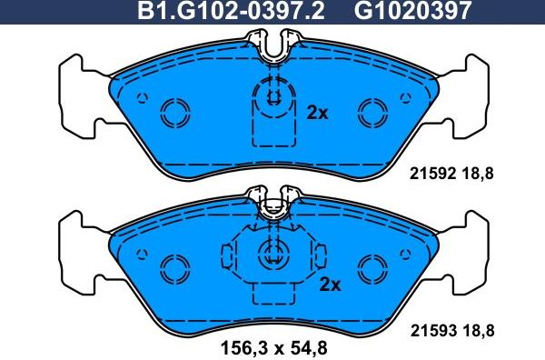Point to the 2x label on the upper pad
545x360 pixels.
point(317,114)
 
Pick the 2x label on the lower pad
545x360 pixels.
point(329,285)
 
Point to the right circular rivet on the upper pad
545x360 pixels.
point(372,113)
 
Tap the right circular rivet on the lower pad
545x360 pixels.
point(372,268)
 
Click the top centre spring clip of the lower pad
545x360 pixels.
point(272,204)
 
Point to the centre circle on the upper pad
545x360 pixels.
point(272,97)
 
